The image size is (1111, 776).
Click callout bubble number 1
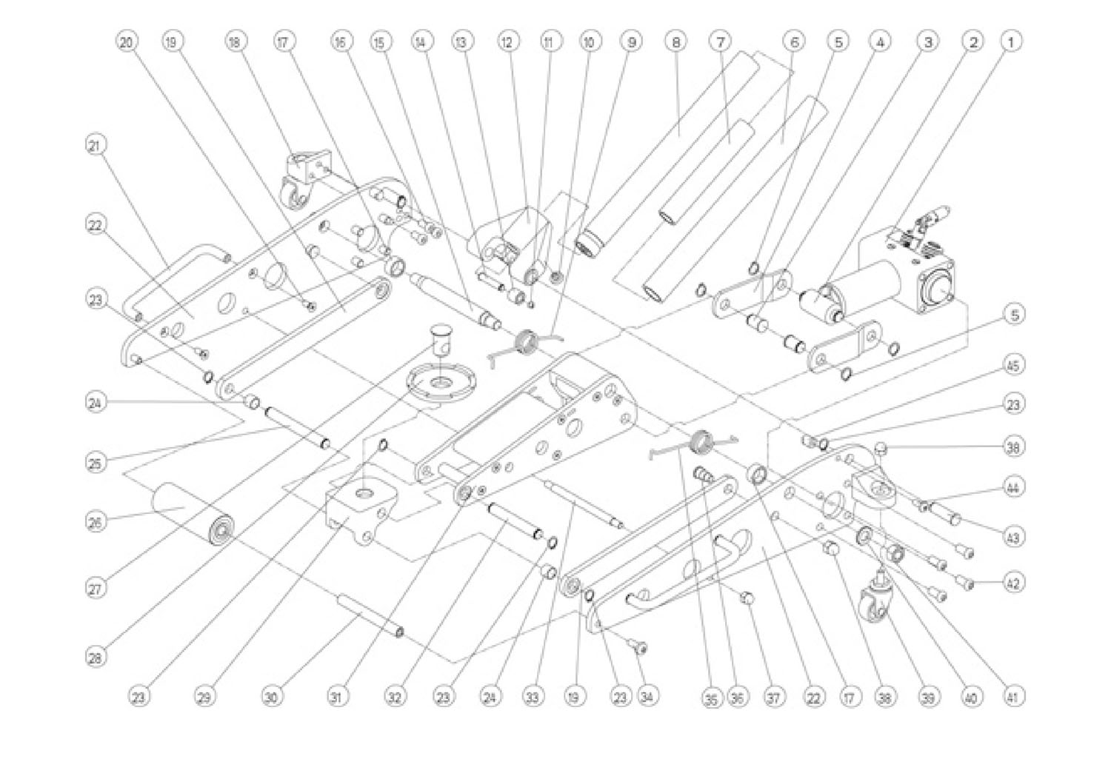point(1012,41)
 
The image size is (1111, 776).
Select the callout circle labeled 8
point(675,41)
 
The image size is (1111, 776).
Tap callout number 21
point(95,146)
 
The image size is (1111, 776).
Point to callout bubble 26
point(95,521)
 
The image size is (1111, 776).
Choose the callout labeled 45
point(1012,365)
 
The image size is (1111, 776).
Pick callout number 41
point(1012,696)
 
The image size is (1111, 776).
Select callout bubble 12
point(507,42)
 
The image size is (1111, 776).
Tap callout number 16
point(340,42)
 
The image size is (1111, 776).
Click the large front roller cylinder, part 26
point(193,514)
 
